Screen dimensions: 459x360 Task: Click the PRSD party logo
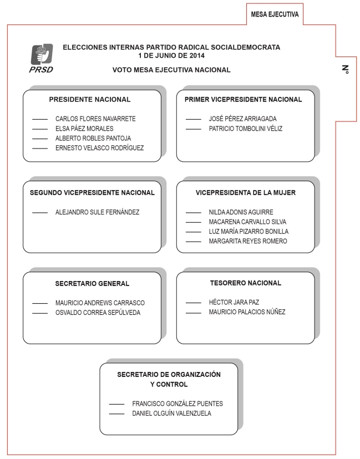(41, 56)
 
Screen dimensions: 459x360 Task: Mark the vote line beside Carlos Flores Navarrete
(40, 119)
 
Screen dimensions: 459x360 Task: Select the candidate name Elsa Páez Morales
(84, 129)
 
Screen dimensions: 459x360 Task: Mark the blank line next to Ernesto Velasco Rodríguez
(40, 148)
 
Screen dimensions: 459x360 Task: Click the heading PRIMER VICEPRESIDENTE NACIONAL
(244, 100)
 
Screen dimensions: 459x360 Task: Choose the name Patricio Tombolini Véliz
(246, 129)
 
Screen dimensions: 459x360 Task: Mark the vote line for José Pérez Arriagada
(193, 119)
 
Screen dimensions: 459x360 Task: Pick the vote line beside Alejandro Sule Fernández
(40, 212)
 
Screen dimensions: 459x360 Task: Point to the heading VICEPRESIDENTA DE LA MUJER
(246, 193)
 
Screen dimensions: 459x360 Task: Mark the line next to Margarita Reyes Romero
(193, 241)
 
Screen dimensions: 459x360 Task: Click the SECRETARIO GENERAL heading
(92, 284)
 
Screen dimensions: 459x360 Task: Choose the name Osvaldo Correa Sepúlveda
(98, 313)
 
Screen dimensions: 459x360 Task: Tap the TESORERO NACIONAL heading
(246, 283)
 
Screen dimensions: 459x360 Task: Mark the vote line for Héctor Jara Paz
(193, 303)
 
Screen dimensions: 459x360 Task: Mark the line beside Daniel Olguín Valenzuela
(116, 414)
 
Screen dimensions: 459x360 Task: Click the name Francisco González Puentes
(178, 404)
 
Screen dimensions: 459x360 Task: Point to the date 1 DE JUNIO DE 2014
(172, 55)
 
